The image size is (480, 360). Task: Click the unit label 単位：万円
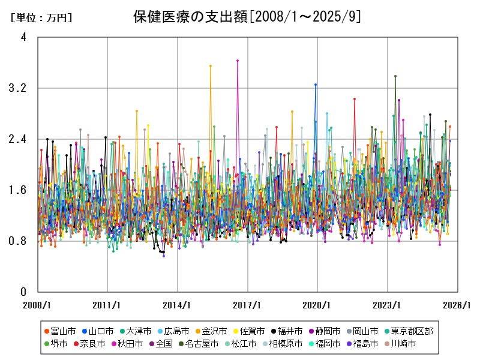pyautogui.click(x=41, y=17)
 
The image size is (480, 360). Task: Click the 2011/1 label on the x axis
pyautogui.click(x=107, y=305)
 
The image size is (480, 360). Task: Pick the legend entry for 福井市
pyautogui.click(x=290, y=331)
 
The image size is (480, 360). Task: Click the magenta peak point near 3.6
pyautogui.click(x=238, y=61)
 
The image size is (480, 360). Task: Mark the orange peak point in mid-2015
pyautogui.click(x=211, y=66)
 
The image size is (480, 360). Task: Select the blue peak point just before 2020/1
pyautogui.click(x=316, y=85)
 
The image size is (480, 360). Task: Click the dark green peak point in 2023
pyautogui.click(x=395, y=76)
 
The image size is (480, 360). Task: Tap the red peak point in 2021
pyautogui.click(x=355, y=98)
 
